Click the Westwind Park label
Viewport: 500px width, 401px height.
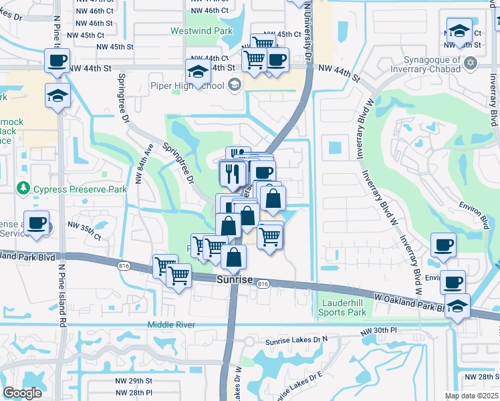tap(201, 31)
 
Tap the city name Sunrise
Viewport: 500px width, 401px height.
tap(235, 280)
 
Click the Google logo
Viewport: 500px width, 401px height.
tap(22, 392)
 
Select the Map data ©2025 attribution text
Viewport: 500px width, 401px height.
tap(472, 396)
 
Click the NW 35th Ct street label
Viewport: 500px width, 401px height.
tap(84, 237)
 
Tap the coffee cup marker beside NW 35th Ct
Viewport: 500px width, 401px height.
tap(37, 224)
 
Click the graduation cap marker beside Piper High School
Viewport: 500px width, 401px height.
tap(199, 72)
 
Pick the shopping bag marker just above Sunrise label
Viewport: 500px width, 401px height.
tap(234, 257)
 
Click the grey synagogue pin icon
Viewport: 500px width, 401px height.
tap(471, 62)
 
